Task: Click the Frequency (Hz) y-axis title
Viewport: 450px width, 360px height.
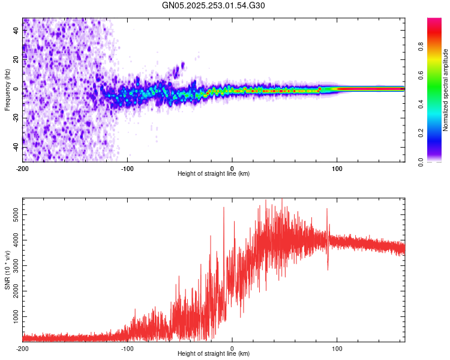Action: point(7,89)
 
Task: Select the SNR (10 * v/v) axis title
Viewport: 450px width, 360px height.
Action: point(7,269)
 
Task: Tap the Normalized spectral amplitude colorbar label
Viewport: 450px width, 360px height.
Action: point(446,90)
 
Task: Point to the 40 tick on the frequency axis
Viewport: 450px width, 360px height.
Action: point(17,29)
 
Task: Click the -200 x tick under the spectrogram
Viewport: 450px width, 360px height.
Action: point(23,169)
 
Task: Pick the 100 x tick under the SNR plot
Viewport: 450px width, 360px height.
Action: point(337,349)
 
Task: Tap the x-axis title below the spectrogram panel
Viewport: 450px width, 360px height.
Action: point(214,174)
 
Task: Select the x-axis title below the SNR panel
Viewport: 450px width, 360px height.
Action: point(214,354)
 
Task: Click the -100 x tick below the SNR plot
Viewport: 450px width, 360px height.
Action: point(127,349)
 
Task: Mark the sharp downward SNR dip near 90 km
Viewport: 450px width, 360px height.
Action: point(328,268)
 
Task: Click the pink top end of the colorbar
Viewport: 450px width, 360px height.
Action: point(434,21)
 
